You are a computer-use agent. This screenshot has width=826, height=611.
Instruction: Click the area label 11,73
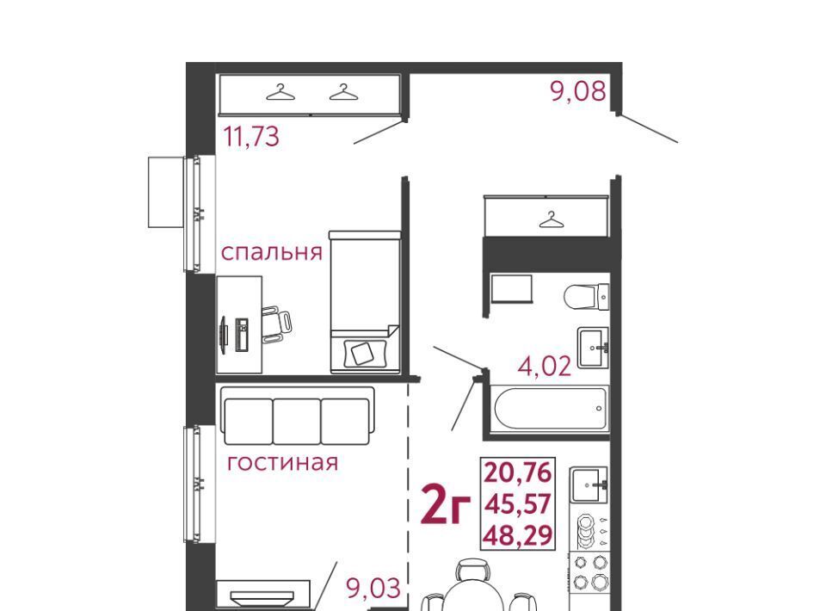(251, 137)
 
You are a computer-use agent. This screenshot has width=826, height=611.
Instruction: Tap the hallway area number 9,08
(578, 91)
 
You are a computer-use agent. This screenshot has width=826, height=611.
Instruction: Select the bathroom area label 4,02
(545, 366)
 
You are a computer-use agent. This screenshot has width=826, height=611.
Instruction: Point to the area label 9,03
(373, 588)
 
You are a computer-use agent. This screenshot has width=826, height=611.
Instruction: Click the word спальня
(271, 252)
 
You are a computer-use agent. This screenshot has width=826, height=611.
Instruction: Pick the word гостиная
(282, 462)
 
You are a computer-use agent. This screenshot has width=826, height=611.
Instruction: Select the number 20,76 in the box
(518, 472)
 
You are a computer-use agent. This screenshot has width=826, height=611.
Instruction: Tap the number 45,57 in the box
(518, 504)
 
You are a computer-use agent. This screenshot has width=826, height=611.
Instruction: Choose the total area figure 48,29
(518, 536)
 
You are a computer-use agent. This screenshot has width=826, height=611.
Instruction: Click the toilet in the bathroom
(586, 297)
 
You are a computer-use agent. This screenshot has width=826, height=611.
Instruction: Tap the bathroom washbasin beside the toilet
(593, 347)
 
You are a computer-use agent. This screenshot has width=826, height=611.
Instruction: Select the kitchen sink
(589, 484)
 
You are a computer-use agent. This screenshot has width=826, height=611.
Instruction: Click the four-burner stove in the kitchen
(589, 572)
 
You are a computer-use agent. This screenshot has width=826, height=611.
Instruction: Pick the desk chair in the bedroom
(276, 324)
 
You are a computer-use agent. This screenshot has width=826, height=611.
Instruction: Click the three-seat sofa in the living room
(298, 417)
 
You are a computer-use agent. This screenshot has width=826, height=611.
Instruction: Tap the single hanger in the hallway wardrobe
(551, 219)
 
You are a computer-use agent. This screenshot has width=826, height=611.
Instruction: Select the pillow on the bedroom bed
(364, 353)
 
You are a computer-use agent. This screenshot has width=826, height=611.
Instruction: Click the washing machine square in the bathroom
(511, 288)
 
